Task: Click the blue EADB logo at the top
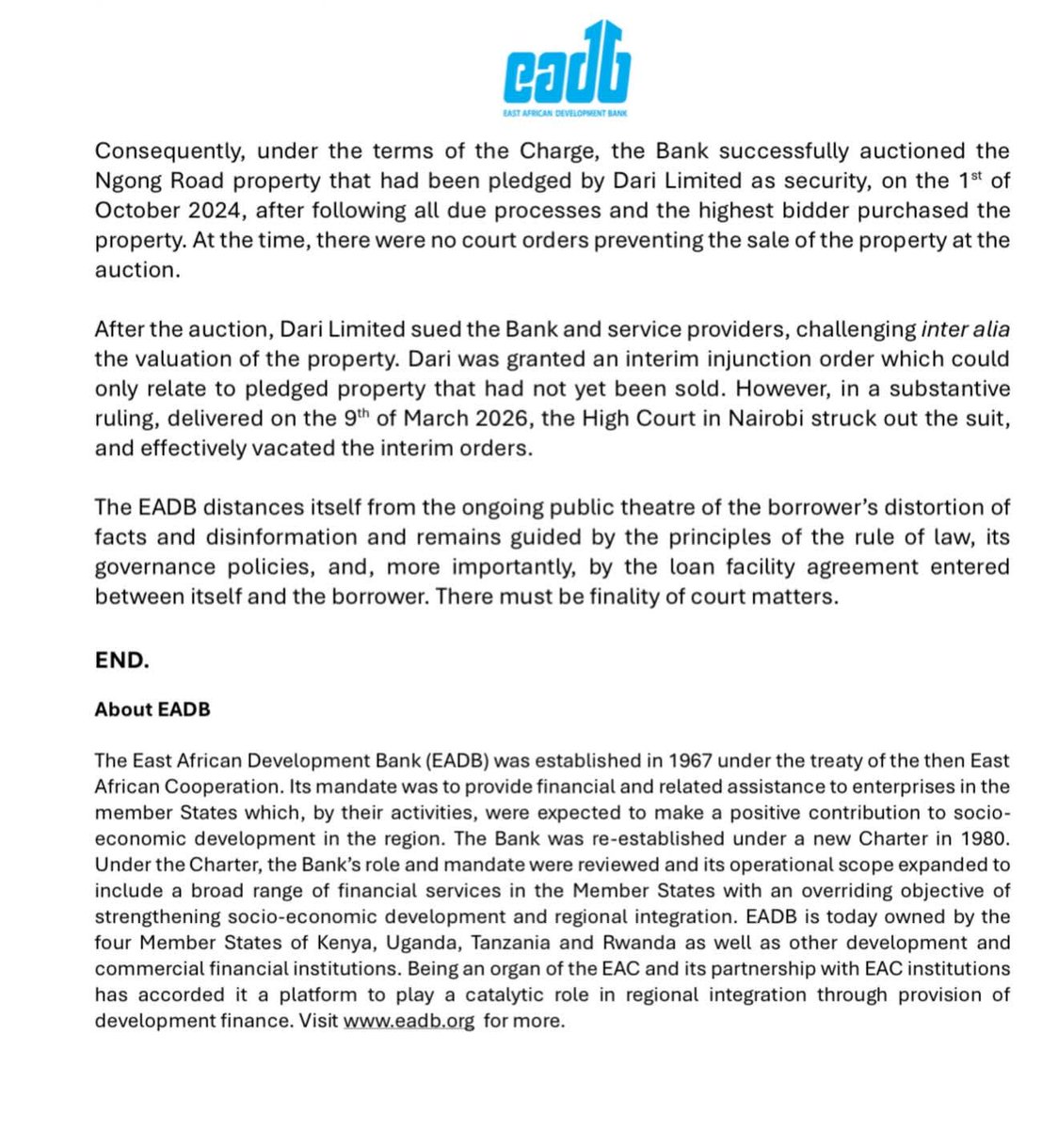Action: coord(566,64)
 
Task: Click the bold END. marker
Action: coord(122,660)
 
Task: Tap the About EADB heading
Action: coord(152,709)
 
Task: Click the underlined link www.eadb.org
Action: coord(409,1021)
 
